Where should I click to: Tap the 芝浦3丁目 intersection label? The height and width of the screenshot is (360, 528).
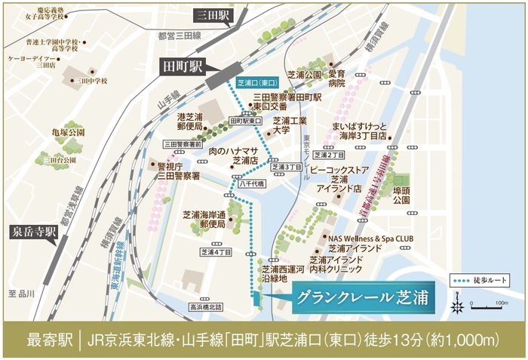(286, 167)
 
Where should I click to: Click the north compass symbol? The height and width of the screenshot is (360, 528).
(456, 306)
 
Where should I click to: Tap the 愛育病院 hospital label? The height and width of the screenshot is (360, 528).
(336, 79)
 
